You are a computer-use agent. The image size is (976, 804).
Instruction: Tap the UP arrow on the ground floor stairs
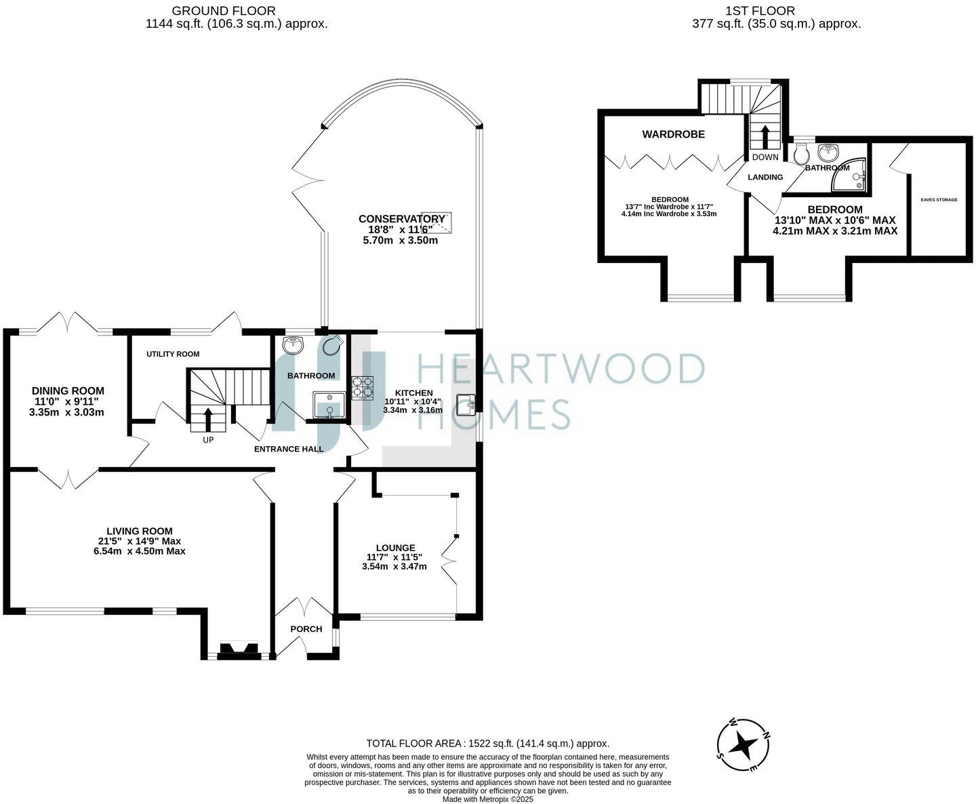pos(207,418)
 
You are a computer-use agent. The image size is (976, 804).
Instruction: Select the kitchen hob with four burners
pos(362,388)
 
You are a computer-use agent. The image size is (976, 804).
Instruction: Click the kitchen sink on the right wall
pos(467,404)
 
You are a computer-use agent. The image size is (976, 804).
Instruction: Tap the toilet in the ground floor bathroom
pos(332,346)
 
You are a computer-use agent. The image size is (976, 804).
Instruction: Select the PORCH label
pos(306,629)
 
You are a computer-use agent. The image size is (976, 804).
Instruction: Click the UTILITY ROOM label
pos(173,354)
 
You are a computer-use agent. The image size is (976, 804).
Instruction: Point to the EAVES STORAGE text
pos(939,199)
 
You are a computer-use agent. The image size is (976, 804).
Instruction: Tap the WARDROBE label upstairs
pos(673,134)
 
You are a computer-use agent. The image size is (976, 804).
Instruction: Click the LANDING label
pos(765,177)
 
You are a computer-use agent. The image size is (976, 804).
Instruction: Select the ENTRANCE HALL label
pos(288,449)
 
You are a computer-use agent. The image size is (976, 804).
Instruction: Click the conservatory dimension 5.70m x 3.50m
pos(401,240)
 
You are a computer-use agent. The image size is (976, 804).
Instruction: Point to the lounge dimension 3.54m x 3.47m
pos(394,566)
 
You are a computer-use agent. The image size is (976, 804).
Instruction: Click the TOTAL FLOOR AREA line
pos(487,743)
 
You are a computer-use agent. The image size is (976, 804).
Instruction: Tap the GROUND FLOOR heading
pos(224,11)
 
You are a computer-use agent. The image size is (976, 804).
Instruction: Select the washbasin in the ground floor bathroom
pos(294,345)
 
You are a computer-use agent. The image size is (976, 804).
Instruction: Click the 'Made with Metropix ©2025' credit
pos(487,799)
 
